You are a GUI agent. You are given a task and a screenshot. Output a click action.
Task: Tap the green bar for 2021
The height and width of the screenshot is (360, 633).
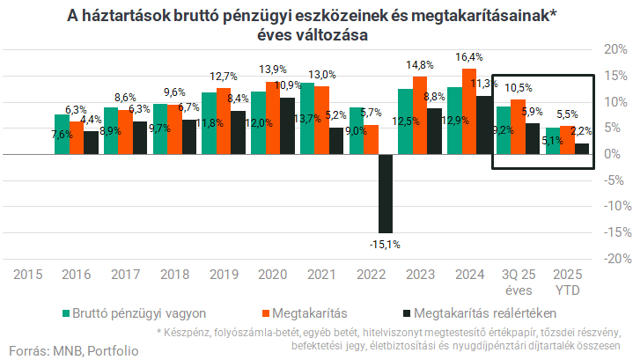point(306,119)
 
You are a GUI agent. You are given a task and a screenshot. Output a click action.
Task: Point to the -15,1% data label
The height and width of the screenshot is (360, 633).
point(384,244)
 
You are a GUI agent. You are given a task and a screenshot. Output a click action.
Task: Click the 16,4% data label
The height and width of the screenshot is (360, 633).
point(468,57)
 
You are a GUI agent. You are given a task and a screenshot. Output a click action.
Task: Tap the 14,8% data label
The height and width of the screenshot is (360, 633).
point(420,65)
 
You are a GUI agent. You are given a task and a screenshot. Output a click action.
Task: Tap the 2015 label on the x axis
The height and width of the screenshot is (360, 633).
point(28,275)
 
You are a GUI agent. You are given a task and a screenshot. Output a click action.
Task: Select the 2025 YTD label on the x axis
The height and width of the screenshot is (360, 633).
point(565,282)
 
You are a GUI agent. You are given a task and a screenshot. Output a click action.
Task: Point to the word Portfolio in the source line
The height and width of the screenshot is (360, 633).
point(113,349)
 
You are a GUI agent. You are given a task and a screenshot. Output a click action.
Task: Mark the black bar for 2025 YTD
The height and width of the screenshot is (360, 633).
point(582,149)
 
